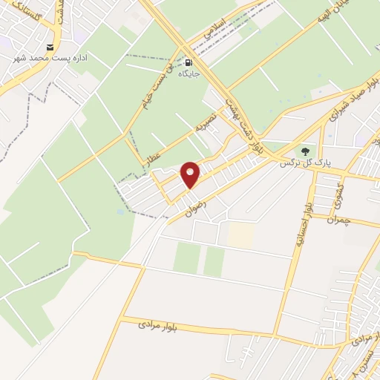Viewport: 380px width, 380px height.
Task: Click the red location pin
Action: (x=191, y=174)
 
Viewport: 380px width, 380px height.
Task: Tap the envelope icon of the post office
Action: (x=50, y=47)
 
